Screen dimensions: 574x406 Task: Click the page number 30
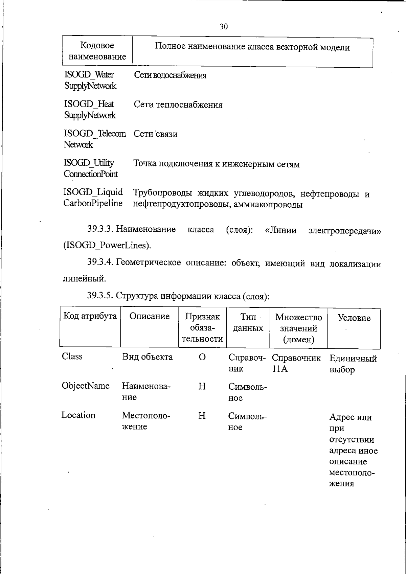(224, 27)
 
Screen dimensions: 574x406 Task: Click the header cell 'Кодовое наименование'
(97, 51)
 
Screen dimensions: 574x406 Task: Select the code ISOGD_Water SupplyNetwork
(90, 80)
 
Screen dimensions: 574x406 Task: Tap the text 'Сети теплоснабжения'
(178, 105)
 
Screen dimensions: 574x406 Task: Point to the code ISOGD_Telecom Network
(94, 139)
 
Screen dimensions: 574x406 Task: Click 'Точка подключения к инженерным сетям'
(217, 164)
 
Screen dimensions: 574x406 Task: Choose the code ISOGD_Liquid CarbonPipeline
(93, 198)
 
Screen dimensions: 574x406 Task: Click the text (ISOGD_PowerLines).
(107, 245)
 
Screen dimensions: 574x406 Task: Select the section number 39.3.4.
(100, 262)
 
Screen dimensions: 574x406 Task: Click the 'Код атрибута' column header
(90, 316)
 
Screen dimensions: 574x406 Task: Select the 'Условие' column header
(354, 318)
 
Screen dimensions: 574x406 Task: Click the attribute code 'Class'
(72, 357)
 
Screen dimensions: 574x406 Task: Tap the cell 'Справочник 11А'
(296, 363)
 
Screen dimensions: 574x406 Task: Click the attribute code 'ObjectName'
(86, 386)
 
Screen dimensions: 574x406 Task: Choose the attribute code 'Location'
(78, 415)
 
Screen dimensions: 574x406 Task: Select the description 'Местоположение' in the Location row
(146, 421)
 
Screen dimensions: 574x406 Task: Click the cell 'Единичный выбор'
(353, 364)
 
